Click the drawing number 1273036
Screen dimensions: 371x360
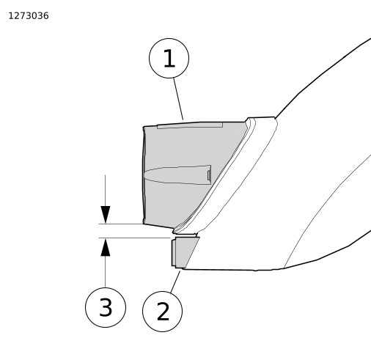[x=29, y=16]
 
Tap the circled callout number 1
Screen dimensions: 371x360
[x=169, y=58]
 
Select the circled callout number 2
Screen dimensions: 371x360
[x=162, y=312]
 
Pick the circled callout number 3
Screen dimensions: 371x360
[x=106, y=307]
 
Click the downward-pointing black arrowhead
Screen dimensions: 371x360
[x=106, y=215]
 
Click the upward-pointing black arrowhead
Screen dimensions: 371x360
[x=106, y=247]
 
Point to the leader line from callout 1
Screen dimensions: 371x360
[x=178, y=99]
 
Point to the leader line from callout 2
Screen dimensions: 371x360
[x=175, y=282]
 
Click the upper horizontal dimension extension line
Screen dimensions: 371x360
[x=121, y=224]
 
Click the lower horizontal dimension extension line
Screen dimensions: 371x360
[x=134, y=238]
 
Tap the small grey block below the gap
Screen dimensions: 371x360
[x=185, y=251]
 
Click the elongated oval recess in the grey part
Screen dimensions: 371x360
[x=177, y=175]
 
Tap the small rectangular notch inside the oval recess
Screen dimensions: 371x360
[x=209, y=175]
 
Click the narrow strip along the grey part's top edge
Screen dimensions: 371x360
[x=190, y=125]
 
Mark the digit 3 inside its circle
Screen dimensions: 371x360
[x=106, y=307]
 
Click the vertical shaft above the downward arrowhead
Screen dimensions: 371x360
[x=106, y=191]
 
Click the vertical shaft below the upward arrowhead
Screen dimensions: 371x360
[x=106, y=271]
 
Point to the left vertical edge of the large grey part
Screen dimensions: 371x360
[x=144, y=175]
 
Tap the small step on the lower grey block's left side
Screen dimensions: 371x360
[x=174, y=253]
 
